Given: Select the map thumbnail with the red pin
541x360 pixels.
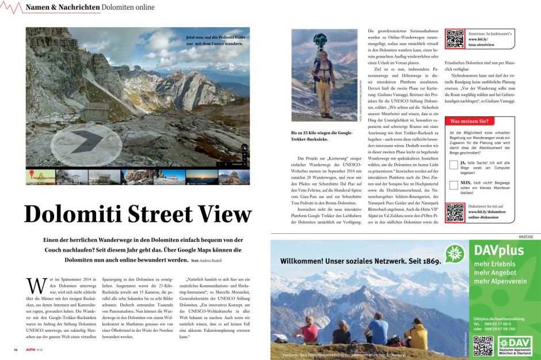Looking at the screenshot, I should tap(40, 176).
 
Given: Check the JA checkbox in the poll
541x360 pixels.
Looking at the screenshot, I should tap(454, 165).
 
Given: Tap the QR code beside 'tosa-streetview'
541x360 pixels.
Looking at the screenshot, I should tap(455, 38).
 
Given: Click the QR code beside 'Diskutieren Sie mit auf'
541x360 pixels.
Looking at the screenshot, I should tap(455, 213).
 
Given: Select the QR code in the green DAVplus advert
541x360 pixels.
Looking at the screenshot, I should tap(483, 346).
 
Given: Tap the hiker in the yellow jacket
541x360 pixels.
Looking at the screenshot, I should tap(416, 335).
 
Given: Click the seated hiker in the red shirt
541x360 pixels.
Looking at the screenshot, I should tap(306, 331).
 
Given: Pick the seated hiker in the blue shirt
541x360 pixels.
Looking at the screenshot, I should tap(378, 331).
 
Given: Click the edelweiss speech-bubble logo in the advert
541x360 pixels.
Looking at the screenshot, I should tap(455, 254).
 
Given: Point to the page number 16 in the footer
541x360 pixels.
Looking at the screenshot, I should tap(16, 350).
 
